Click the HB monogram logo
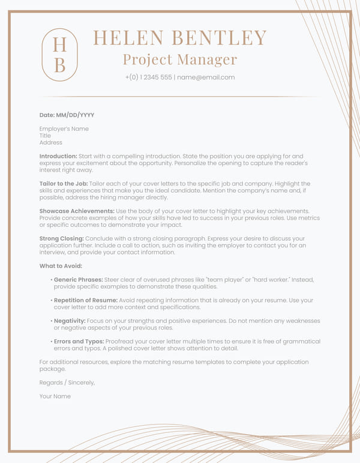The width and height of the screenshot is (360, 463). click(59, 55)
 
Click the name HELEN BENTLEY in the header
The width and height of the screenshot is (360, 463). click(180, 38)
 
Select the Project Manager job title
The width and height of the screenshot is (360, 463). click(180, 59)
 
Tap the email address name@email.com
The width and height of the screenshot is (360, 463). click(206, 77)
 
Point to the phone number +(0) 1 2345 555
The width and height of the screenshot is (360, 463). click(148, 77)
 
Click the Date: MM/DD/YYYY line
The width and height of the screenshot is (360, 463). click(67, 115)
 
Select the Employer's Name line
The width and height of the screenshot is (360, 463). click(64, 129)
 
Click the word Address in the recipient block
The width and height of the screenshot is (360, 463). click(51, 142)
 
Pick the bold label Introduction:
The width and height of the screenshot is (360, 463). click(58, 156)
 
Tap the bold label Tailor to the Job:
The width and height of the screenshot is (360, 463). click(64, 184)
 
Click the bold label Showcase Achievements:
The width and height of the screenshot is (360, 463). click(77, 211)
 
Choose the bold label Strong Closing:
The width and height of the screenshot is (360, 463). click(62, 238)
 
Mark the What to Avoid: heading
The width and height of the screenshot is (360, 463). click(61, 266)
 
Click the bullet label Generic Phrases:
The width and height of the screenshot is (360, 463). click(78, 280)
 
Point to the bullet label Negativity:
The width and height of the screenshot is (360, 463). click(70, 321)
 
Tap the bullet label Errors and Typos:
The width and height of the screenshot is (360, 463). click(78, 342)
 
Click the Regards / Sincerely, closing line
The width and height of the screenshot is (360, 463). click(67, 383)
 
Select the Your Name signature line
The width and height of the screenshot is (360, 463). click(55, 396)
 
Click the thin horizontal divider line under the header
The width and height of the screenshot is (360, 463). click(180, 96)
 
